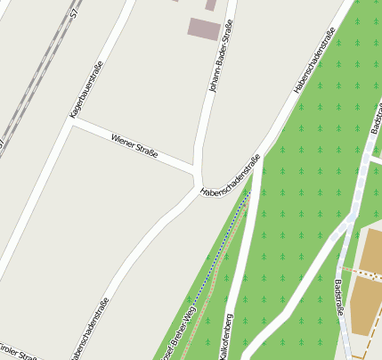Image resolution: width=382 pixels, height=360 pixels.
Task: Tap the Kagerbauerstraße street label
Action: (86, 90)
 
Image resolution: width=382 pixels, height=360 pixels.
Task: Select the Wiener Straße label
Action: (134, 145)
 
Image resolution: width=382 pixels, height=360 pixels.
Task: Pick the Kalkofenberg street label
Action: (228, 334)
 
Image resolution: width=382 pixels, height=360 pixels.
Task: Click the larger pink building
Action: (203, 29)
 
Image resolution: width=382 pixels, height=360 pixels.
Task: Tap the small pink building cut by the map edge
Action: (211, 4)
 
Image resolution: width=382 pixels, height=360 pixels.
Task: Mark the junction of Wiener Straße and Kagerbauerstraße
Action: (71, 123)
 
